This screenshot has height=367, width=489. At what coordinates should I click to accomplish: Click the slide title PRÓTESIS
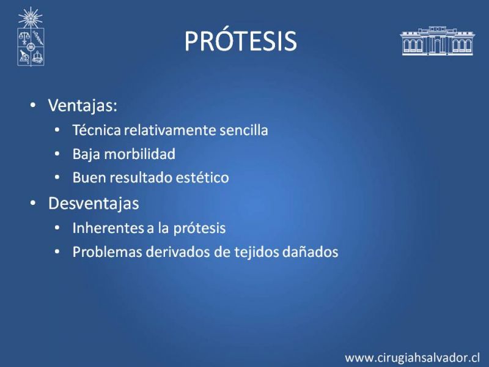click(240, 41)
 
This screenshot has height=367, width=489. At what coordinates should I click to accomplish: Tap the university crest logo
click(31, 37)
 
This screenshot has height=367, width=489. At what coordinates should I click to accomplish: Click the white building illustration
click(437, 41)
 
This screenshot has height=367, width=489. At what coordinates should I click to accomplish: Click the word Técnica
click(97, 130)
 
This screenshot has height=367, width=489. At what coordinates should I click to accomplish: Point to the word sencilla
click(243, 130)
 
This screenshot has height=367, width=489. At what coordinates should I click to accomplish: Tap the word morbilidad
click(140, 154)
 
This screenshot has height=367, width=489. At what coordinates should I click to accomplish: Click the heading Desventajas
click(94, 203)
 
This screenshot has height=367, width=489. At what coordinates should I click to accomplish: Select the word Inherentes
click(108, 228)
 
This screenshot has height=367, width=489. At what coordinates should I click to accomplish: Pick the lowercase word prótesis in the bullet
click(199, 228)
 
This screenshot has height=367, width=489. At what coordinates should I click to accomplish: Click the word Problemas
click(108, 252)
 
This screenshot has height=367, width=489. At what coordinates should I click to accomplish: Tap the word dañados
click(310, 252)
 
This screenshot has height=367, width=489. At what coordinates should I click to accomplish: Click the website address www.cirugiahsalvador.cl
click(412, 358)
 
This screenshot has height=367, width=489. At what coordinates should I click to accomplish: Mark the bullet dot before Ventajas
click(33, 105)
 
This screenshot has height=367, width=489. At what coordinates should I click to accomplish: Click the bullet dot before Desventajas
click(33, 203)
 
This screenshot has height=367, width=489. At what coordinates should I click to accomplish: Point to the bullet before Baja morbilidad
click(57, 154)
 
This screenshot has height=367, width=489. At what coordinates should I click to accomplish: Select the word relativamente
click(170, 130)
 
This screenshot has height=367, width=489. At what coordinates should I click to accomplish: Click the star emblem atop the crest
click(30, 18)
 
